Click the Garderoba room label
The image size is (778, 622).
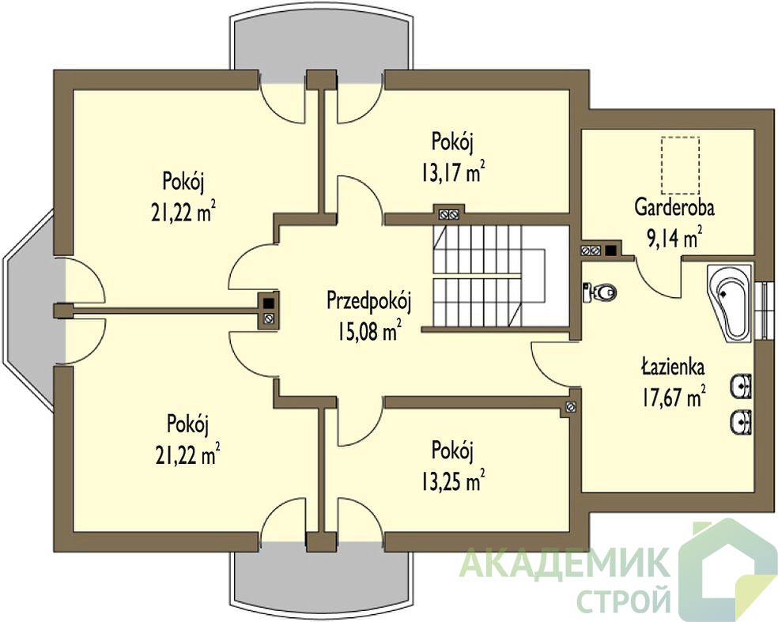(674, 208)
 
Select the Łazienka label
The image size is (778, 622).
(672, 368)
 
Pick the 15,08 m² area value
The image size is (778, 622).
(369, 331)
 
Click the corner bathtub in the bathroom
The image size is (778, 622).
(731, 303)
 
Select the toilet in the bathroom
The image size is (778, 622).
(599, 292)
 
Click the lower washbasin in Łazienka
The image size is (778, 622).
(742, 423)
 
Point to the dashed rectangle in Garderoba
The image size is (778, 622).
(680, 165)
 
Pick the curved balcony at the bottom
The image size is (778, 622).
(320, 579)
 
